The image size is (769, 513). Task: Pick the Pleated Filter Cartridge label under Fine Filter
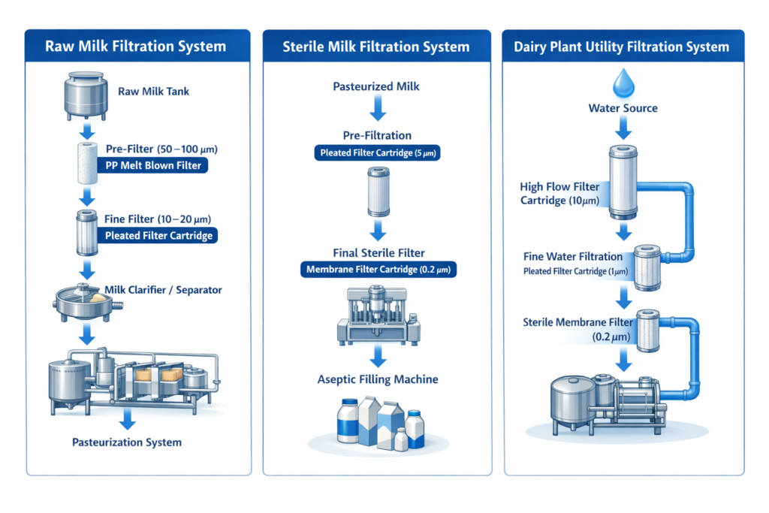(158, 235)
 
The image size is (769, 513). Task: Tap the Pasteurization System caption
(127, 442)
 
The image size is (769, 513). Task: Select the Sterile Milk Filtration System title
(376, 47)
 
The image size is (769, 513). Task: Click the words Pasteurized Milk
(376, 86)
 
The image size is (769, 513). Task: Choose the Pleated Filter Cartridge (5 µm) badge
(376, 153)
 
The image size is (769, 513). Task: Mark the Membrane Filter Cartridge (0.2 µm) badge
(377, 269)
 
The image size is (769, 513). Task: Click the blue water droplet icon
(623, 83)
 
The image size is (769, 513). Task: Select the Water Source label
(623, 108)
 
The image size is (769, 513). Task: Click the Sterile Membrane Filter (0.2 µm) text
(578, 329)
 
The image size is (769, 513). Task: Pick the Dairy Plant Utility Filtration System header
(621, 47)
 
